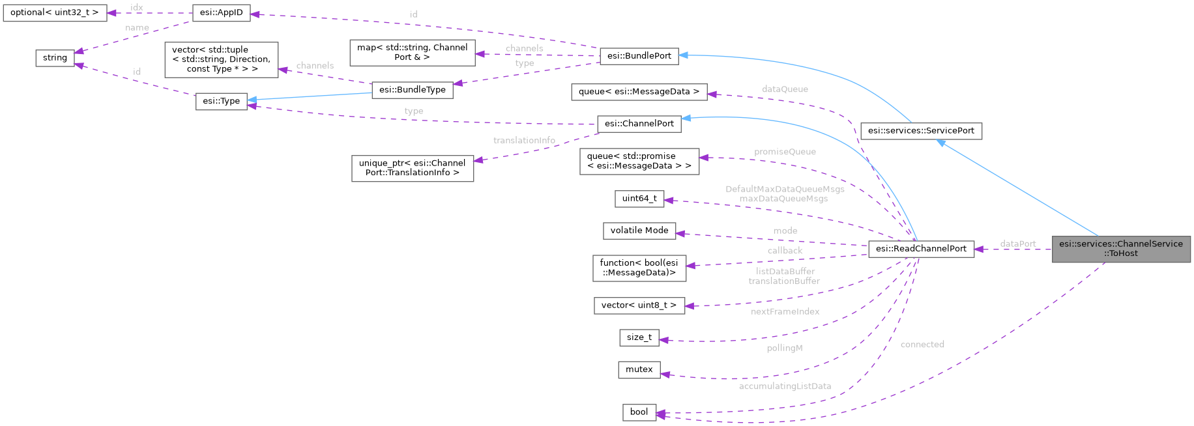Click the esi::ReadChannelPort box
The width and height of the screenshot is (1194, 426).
[x=921, y=248]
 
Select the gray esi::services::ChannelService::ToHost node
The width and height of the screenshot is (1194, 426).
[x=1120, y=249]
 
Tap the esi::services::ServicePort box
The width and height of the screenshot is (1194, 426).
[x=921, y=131]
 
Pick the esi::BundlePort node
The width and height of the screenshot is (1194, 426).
[x=639, y=56]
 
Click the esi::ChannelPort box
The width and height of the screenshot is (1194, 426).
[x=639, y=124]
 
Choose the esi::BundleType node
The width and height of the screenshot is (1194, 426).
[x=412, y=90]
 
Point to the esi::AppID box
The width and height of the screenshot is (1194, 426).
[x=222, y=13]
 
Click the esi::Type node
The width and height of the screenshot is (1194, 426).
[x=222, y=101]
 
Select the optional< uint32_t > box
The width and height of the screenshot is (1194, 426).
[x=54, y=13]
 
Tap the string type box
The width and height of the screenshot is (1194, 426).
[x=55, y=58]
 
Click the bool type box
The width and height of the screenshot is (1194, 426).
[x=639, y=412]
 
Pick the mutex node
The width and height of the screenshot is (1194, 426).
[x=639, y=369]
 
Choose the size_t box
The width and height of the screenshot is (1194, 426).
[x=639, y=337]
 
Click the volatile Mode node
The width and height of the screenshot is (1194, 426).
[x=639, y=231]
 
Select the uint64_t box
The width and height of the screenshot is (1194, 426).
[x=639, y=199]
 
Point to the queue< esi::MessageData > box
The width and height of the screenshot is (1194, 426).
[x=639, y=92]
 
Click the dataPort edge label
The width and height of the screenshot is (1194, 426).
[x=1017, y=244]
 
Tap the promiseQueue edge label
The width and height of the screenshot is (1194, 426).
[x=785, y=152]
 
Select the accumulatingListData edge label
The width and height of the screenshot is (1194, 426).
[x=785, y=386]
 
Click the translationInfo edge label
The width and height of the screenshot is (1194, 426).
[x=524, y=141]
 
